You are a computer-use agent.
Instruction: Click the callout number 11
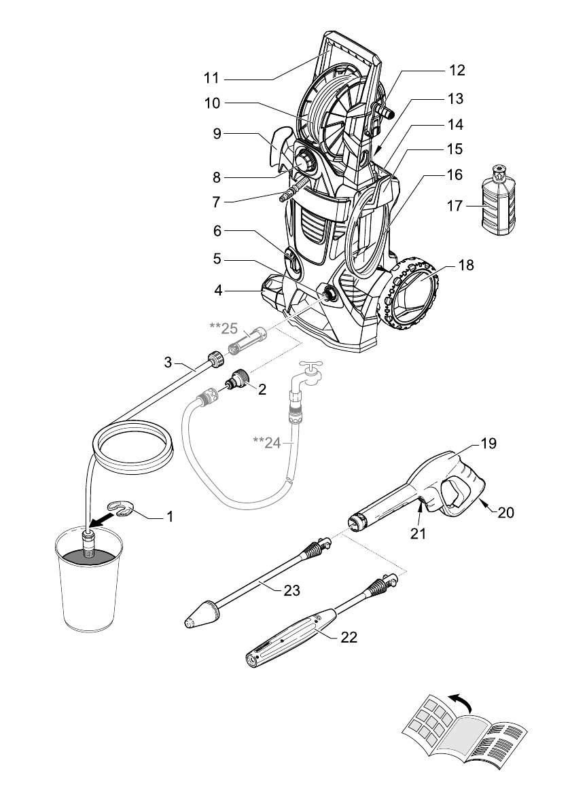click(x=211, y=78)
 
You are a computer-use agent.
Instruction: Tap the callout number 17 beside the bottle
click(x=455, y=206)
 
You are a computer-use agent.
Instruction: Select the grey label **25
click(x=224, y=327)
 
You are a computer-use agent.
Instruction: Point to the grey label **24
click(x=267, y=442)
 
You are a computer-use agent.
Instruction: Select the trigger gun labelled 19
click(x=417, y=487)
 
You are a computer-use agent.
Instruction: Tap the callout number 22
click(x=349, y=637)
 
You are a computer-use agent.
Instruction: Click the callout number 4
click(x=218, y=291)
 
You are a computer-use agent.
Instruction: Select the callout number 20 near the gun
click(x=505, y=512)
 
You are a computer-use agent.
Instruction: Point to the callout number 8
click(x=217, y=178)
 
